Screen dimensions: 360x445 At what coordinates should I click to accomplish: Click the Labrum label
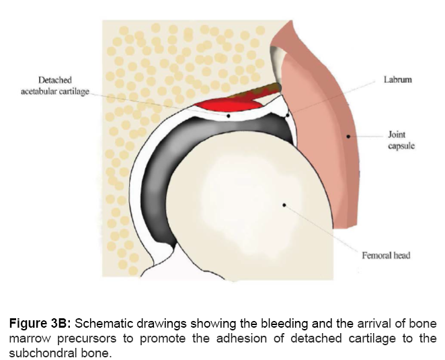[397, 79]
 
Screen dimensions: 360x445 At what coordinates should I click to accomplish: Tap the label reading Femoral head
[386, 255]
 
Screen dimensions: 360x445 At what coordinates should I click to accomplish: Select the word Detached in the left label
[55, 79]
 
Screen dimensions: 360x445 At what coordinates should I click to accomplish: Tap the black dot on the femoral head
[285, 203]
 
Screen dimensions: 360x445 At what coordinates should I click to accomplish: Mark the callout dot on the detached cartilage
[229, 116]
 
